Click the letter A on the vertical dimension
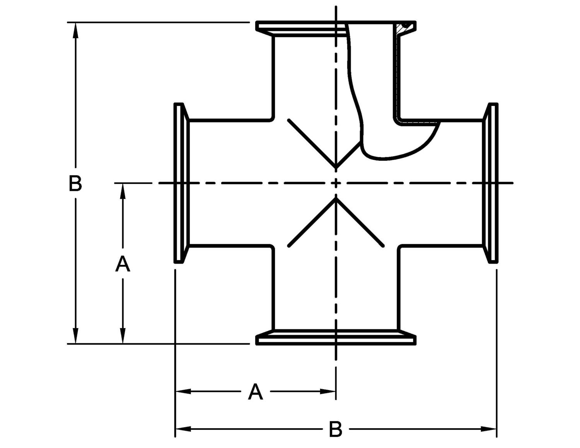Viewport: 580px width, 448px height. tap(123, 264)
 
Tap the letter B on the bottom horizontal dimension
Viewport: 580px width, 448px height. tap(336, 429)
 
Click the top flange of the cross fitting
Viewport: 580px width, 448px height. tap(302, 27)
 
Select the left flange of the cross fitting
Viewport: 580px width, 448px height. tap(181, 183)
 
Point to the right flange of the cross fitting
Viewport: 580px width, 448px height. tap(491, 183)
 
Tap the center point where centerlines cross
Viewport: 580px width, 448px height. tap(336, 183)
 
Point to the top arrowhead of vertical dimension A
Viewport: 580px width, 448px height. tap(123, 191)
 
